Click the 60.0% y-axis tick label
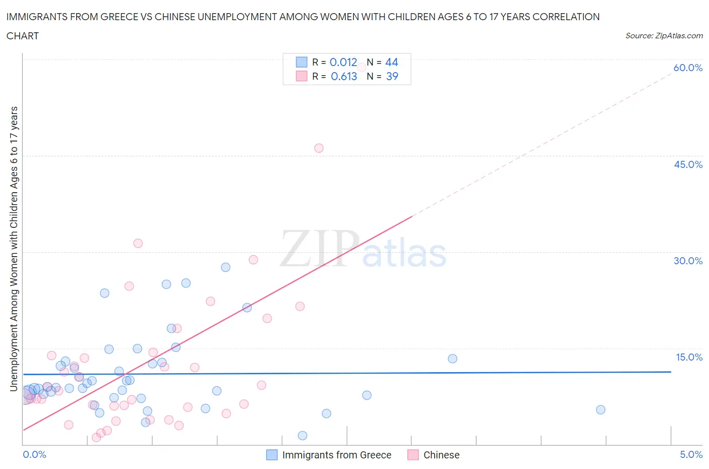coord(688,68)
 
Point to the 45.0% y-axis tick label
coord(688,164)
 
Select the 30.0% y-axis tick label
coord(688,261)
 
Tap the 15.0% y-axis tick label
coord(689,357)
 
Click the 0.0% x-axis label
coord(34,454)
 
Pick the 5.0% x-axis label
coord(691,454)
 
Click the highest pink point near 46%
coord(319,148)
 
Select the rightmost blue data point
coord(601,409)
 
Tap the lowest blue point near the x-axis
coord(303,435)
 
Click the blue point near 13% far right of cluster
coord(452,359)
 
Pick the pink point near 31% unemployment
coord(138,243)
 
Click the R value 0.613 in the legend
coord(344,76)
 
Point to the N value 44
coord(392,62)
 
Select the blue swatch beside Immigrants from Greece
coord(272,455)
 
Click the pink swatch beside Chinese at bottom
coord(413,455)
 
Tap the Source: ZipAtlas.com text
coord(664,35)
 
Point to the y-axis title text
coord(14,249)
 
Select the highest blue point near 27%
coord(225,267)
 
